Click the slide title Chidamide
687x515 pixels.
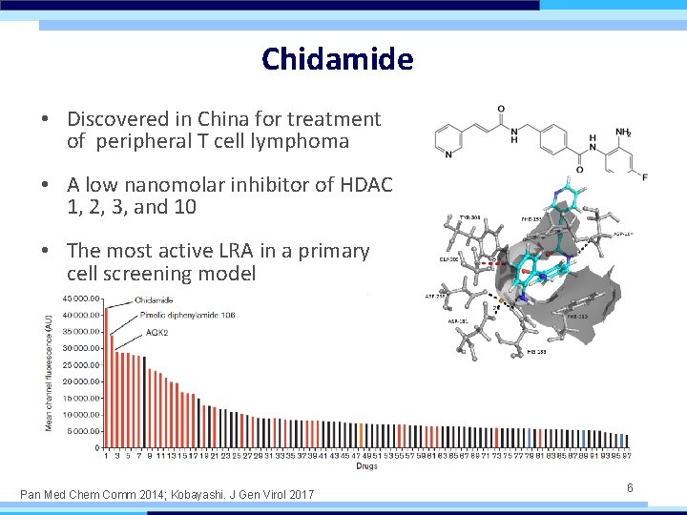[x=338, y=59]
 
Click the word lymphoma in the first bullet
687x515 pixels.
[x=305, y=142]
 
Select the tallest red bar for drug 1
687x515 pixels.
[x=106, y=378]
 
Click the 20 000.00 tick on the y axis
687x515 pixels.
[x=80, y=381]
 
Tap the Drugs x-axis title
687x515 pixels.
[x=366, y=466]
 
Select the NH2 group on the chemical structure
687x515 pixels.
[x=624, y=133]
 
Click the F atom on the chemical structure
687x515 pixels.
[x=645, y=177]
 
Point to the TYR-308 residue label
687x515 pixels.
[x=470, y=217]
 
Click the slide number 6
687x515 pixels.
[x=630, y=487]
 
